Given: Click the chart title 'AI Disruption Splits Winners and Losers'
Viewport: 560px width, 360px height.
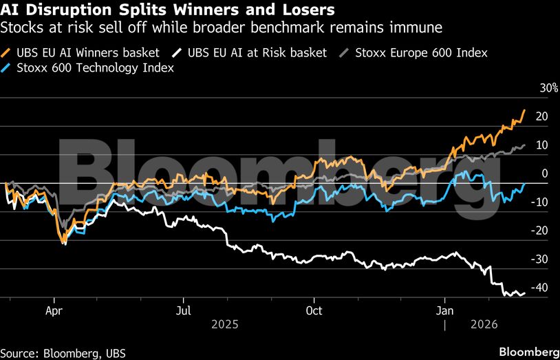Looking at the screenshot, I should click(169, 10).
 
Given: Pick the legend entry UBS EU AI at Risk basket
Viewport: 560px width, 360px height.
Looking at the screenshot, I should click(255, 52).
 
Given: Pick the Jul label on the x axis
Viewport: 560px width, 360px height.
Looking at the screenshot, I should click(183, 310).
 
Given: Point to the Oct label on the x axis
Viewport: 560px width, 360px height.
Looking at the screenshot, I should click(314, 310).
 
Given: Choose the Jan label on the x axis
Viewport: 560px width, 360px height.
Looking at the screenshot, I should click(444, 310).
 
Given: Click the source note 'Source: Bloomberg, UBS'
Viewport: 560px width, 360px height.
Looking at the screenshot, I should click(63, 353).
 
